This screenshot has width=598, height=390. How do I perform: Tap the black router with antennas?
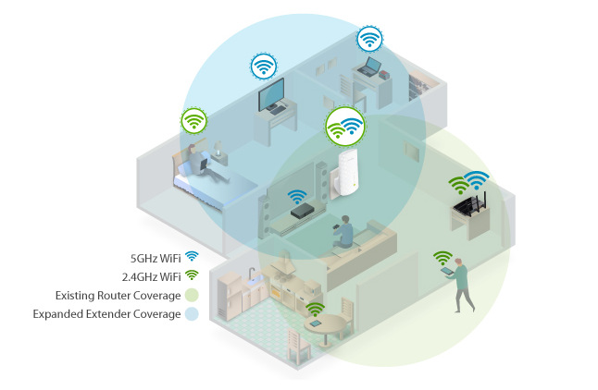470,203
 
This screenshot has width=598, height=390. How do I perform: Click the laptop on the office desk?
368,67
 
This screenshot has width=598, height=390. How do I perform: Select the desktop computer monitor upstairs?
272,95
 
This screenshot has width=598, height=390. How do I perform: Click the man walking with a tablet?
460,285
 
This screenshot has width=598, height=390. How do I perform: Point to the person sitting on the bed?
200,163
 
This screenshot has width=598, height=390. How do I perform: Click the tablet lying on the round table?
316,323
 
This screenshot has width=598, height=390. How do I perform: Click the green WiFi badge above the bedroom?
193,121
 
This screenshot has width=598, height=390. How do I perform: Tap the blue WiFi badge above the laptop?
369,39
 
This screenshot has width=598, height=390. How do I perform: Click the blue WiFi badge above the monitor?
264,67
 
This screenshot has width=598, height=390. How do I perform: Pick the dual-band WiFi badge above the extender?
345,127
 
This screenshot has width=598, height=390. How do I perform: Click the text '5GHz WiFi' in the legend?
156,258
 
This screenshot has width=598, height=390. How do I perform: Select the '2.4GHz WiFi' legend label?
152,276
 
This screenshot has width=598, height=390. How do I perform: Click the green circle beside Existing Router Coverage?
192,295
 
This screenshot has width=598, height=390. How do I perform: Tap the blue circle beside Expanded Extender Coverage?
192,314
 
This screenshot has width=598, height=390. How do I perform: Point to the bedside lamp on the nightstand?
218,149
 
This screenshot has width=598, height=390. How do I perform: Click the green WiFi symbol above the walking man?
442,258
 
